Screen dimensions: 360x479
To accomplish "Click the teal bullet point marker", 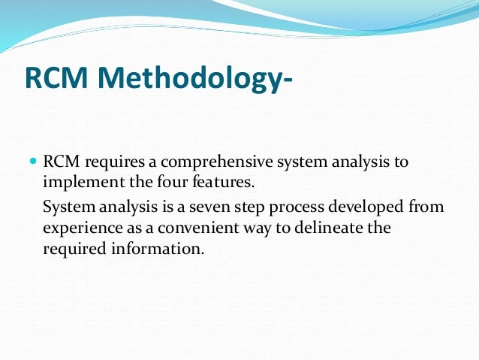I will click(x=32, y=162).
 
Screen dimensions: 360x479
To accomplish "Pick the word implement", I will click(x=78, y=182).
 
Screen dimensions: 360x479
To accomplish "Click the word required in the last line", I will click(x=73, y=249).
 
